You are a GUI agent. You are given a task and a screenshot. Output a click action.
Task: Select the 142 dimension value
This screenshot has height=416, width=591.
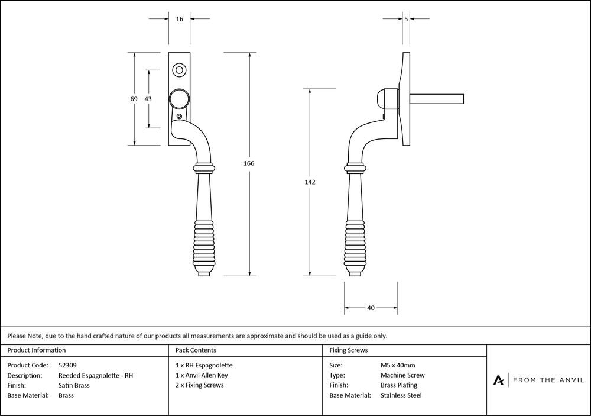(310, 182)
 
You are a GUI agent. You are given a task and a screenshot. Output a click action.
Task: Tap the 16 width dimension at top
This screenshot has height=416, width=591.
(180, 19)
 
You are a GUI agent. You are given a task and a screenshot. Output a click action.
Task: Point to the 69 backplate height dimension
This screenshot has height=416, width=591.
(134, 99)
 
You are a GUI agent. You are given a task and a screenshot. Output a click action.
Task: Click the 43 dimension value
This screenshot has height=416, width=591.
(148, 99)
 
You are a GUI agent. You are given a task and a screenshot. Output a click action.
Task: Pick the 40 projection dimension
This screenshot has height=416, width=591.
(371, 308)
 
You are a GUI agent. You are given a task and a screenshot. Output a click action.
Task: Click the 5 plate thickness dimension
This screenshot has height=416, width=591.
(406, 19)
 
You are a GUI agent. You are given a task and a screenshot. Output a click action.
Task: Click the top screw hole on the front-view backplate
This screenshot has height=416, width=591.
(179, 70)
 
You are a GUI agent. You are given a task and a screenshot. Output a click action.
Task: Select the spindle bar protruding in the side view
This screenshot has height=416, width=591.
(437, 99)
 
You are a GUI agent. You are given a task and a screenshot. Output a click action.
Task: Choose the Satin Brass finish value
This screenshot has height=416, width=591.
(74, 385)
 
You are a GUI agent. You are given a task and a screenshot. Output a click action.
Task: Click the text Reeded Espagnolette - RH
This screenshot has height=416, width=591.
(96, 375)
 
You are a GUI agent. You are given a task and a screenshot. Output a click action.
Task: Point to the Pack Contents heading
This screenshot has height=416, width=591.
(196, 350)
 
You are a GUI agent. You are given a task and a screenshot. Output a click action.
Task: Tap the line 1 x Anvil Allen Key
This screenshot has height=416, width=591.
(202, 375)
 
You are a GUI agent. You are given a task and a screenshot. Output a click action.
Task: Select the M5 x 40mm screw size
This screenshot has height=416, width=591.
(398, 365)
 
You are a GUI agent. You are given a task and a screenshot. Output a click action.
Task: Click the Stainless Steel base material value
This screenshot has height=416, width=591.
(401, 395)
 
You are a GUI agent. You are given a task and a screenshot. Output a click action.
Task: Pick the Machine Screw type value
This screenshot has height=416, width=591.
(402, 375)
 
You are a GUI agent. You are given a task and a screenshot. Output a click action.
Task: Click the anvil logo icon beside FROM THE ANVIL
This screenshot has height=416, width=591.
(499, 380)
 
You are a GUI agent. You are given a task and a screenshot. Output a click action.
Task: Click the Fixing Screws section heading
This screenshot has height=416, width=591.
(348, 350)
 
